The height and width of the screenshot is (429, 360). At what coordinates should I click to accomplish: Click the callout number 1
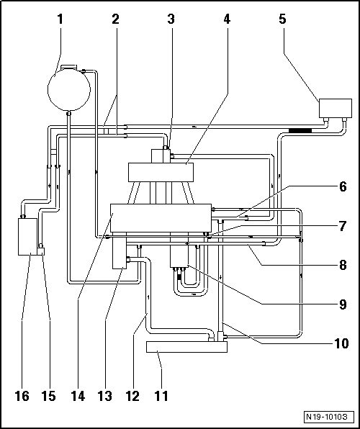pos(60,19)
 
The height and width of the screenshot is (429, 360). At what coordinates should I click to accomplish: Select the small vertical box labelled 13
pos(119,256)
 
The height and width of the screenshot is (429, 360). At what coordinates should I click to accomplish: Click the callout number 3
pos(171,19)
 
